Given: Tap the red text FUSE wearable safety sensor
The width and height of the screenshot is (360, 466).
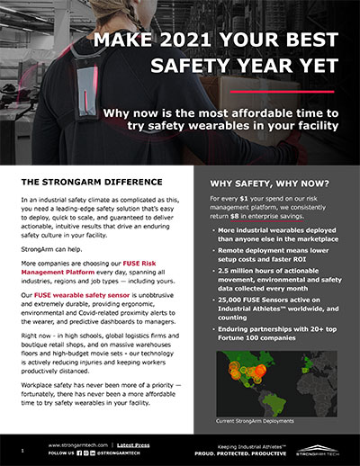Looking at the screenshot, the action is coord(90,269).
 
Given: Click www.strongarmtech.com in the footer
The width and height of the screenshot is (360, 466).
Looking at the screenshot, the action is coord(80,444).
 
